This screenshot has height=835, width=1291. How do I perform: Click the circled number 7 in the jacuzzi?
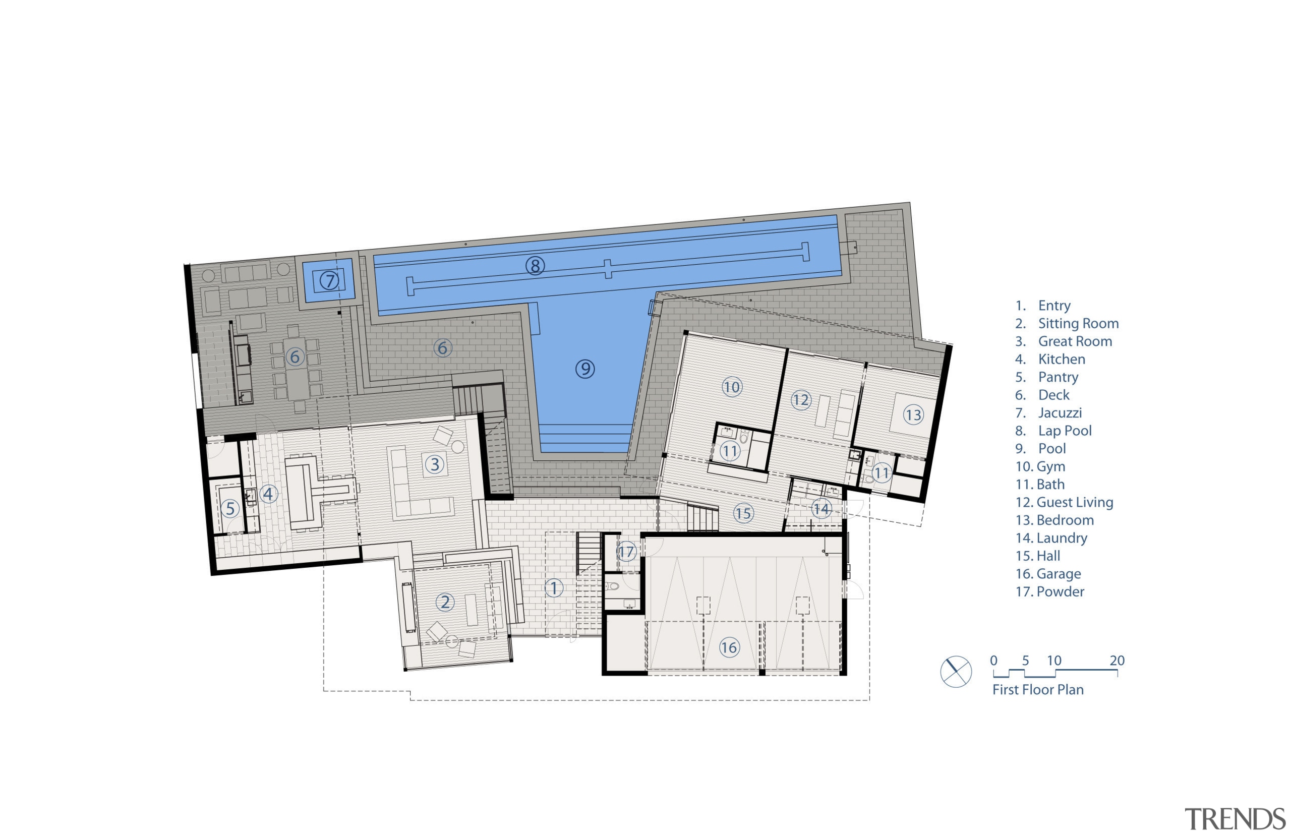tap(329, 280)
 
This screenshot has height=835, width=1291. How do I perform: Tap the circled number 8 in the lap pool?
tap(535, 266)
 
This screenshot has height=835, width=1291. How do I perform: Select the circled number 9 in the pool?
tap(584, 369)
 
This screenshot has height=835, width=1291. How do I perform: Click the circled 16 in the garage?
tap(729, 647)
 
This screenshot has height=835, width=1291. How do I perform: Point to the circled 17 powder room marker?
tap(626, 552)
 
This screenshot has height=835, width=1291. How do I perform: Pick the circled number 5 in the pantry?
tap(230, 508)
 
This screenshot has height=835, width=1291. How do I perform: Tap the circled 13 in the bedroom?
tap(913, 415)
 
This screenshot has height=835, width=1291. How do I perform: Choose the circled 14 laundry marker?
tap(821, 509)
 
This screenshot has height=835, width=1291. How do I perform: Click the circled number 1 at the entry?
tap(553, 588)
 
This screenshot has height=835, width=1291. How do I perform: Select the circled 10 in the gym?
tap(731, 387)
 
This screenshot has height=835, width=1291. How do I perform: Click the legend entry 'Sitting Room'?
tap(1077, 323)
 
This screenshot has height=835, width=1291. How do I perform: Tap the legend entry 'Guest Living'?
tap(1074, 502)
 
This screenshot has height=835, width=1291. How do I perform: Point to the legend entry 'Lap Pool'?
tap(1064, 431)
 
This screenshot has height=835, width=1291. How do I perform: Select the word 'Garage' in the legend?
tap(1058, 574)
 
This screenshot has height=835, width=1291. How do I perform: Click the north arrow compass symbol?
tap(955, 671)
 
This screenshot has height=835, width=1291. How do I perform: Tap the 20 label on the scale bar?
tap(1117, 661)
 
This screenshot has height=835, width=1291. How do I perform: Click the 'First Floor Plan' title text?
tap(1037, 690)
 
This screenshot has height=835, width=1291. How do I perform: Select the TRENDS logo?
tap(1235, 819)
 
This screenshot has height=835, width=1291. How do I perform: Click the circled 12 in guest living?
tap(800, 400)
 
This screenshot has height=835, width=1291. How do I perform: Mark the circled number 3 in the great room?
tap(434, 464)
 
